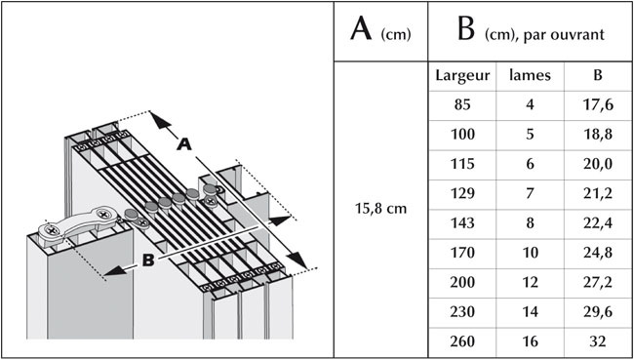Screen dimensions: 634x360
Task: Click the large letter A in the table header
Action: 361,29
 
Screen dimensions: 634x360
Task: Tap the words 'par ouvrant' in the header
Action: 564,35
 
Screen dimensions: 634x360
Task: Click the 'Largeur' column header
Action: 462,76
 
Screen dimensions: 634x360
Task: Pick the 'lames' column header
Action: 530,76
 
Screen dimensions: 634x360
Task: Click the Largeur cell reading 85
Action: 462,105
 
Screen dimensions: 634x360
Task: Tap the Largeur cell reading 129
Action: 462,194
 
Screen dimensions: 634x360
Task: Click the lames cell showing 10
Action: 530,254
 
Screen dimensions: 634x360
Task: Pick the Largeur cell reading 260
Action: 462,341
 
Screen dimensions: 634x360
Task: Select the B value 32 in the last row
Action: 597,341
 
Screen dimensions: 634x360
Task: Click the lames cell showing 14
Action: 530,312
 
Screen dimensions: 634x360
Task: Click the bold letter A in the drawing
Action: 184,144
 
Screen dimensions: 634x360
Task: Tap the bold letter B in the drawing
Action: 148,260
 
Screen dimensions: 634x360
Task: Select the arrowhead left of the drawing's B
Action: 116,270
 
